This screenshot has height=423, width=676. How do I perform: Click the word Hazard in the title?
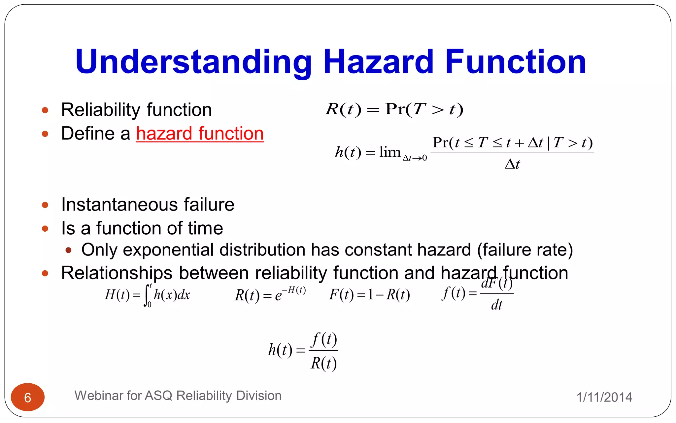(x=378, y=62)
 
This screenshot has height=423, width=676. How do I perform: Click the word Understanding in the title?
(x=193, y=62)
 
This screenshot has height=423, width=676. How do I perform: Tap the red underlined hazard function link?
(x=200, y=134)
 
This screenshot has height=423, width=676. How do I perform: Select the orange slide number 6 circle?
(x=28, y=397)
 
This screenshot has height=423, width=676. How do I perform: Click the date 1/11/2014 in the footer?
(x=604, y=397)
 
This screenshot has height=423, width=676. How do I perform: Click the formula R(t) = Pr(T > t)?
(x=394, y=109)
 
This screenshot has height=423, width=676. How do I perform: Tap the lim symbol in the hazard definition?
(x=390, y=152)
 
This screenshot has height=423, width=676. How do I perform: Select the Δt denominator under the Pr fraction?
(x=512, y=164)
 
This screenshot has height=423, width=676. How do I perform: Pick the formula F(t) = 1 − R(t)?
(x=369, y=295)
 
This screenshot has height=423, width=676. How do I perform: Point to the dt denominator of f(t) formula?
(x=496, y=305)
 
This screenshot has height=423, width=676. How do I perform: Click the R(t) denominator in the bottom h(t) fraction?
(x=323, y=364)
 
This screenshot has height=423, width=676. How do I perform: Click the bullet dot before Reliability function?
(x=45, y=110)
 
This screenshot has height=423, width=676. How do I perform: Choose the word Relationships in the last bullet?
(x=117, y=273)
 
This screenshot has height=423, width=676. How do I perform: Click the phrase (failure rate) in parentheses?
(x=525, y=250)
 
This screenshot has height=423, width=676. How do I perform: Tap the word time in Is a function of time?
(x=205, y=228)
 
